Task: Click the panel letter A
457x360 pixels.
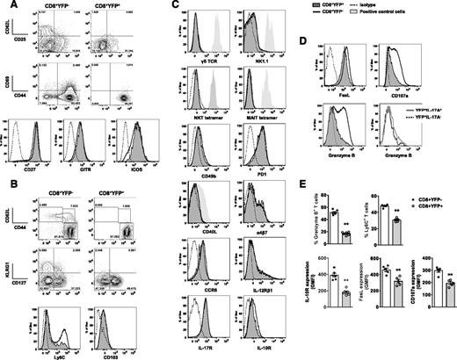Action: point(7,7)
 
